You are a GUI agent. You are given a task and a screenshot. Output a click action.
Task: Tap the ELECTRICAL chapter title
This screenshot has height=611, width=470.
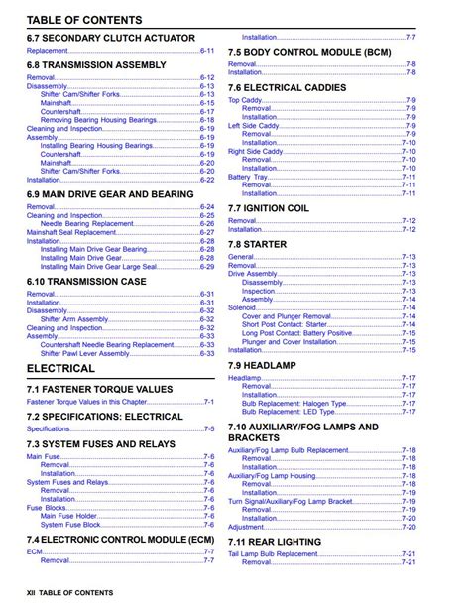click(61, 368)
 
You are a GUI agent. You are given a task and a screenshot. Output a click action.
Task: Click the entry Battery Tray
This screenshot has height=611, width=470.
click(247, 177)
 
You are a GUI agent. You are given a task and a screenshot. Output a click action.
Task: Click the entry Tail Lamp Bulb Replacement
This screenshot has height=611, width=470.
click(273, 554)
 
